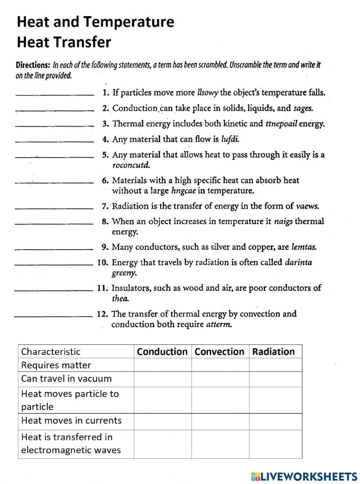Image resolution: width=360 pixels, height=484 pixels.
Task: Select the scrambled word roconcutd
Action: coord(131,165)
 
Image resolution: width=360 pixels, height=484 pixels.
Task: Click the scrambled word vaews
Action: coord(307,206)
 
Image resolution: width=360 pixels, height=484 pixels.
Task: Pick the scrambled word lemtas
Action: coord(304,247)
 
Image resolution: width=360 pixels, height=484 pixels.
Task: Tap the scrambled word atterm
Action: coord(219,324)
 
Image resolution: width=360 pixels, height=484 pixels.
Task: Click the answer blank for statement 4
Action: coord(55,142)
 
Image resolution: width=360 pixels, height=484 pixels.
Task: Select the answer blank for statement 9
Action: coord(54,249)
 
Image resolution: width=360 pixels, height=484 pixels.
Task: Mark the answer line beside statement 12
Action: coord(53,316)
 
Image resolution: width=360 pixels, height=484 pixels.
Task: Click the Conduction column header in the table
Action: coord(162,351)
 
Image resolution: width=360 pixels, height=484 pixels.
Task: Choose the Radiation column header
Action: coord(273,351)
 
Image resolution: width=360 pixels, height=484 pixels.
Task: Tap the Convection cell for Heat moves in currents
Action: coord(220,421)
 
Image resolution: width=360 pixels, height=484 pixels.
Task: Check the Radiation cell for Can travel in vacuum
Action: coord(275,379)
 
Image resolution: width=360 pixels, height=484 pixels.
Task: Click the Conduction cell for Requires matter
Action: coord(162,365)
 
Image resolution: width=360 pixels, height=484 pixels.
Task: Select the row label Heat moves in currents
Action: coord(71,421)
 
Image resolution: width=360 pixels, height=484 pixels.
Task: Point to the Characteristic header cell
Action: coord(51,351)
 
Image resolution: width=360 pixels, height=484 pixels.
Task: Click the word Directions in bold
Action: coord(33,66)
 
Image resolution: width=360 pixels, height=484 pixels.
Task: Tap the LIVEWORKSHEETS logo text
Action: coord(309,477)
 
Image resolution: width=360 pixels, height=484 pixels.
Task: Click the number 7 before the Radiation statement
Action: coord(104,207)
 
